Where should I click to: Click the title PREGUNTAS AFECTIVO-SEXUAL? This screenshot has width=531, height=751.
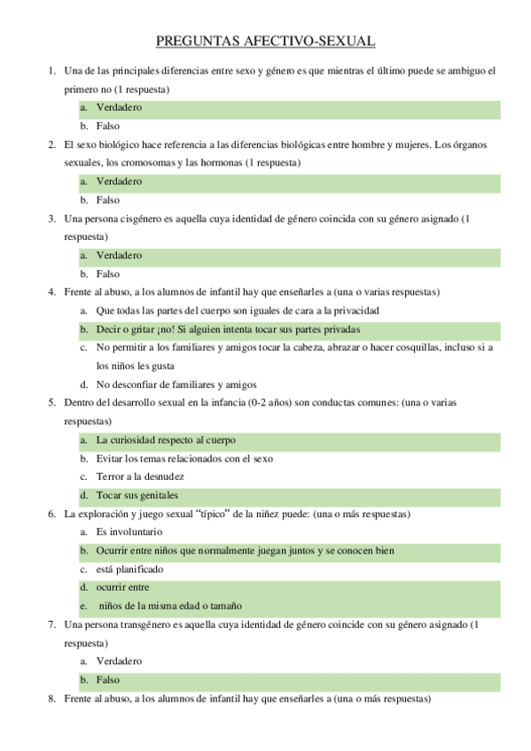(x=265, y=41)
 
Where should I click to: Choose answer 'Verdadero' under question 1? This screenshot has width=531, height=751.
(x=119, y=108)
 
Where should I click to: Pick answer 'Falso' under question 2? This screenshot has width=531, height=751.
(x=108, y=200)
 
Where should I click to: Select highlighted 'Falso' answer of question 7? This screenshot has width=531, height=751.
(x=108, y=680)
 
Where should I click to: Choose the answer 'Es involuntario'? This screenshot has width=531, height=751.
(x=129, y=532)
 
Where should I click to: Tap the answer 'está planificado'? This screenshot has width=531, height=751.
(x=129, y=569)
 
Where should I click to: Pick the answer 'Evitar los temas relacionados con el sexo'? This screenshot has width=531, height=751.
(x=184, y=459)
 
